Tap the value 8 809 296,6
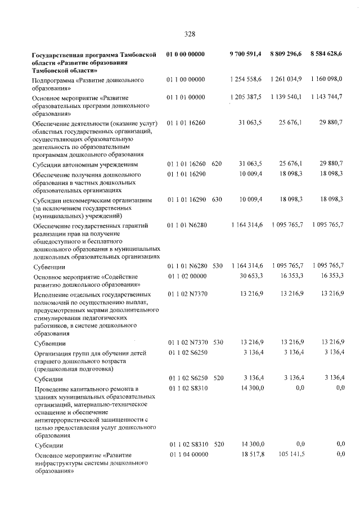click(x=286, y=55)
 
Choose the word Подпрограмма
click(x=56, y=81)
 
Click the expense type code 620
click(x=218, y=164)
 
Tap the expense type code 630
click(x=218, y=200)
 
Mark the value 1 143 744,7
click(x=326, y=97)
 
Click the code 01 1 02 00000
click(x=186, y=277)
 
